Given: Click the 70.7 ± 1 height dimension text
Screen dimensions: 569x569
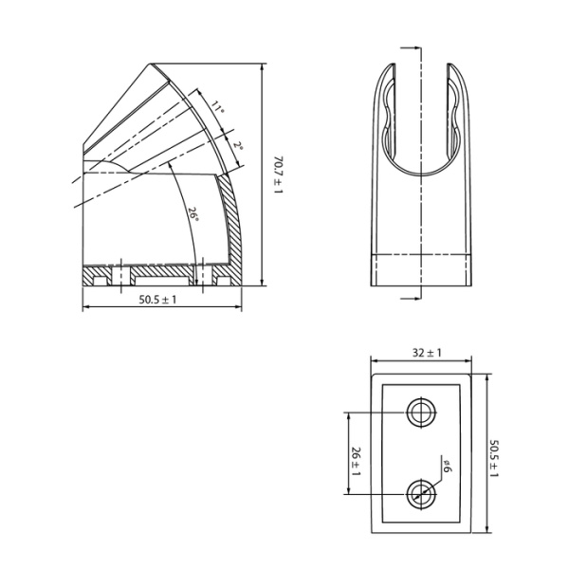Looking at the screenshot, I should tap(277, 175).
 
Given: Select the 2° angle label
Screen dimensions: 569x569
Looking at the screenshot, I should tap(237, 145).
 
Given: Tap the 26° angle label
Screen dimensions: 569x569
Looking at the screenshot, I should tap(193, 214).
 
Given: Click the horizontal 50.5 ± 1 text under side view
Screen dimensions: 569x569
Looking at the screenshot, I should tap(157, 300).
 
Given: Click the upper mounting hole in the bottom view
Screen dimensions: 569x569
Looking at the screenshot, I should tap(420, 413).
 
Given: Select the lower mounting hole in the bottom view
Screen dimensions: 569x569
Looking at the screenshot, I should tap(420, 493).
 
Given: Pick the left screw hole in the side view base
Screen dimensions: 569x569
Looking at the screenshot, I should tap(120, 276).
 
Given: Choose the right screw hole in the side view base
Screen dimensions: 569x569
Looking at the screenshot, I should tap(201, 276).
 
